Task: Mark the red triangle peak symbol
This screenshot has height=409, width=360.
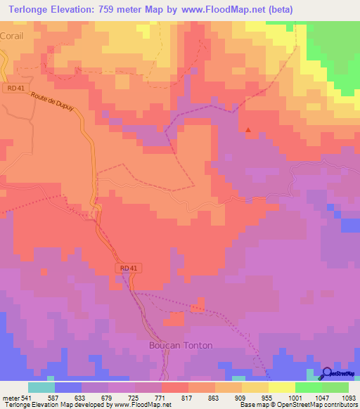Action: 247,129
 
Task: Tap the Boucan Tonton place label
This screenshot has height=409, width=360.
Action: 179,345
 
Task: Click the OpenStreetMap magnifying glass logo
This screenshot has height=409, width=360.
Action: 326,374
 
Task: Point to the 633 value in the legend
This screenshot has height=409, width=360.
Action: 69,397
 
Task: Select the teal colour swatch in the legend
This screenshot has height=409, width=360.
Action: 41,387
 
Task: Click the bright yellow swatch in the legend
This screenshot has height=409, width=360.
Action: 281,387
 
